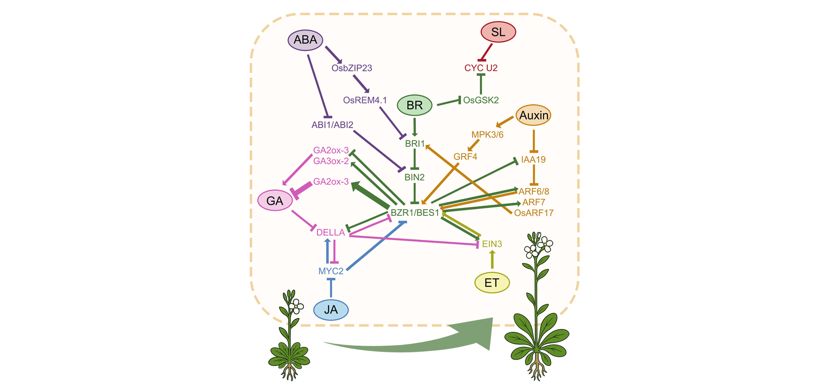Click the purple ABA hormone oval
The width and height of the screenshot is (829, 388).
click(305, 40)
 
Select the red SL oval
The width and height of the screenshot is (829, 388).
click(498, 32)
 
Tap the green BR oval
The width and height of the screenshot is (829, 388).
click(414, 105)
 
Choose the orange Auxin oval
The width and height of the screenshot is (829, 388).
click(533, 115)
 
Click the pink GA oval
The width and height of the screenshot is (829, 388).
click(275, 201)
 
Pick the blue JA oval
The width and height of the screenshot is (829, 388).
click(331, 310)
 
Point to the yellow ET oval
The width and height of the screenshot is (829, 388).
click(492, 283)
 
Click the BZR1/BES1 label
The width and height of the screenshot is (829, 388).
click(414, 213)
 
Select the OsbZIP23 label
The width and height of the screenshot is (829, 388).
click(352, 68)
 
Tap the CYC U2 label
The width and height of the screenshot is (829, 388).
click(481, 68)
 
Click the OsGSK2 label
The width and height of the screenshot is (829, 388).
click(481, 100)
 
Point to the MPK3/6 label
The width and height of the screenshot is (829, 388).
click(487, 135)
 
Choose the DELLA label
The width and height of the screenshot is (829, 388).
click(331, 232)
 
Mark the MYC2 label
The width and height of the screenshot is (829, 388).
click(331, 271)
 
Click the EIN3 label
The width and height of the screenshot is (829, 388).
click(492, 244)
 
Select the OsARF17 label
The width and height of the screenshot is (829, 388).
click(534, 213)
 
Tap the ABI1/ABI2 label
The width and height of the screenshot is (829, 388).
click(332, 125)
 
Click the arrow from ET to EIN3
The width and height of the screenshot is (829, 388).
click(492, 259)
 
